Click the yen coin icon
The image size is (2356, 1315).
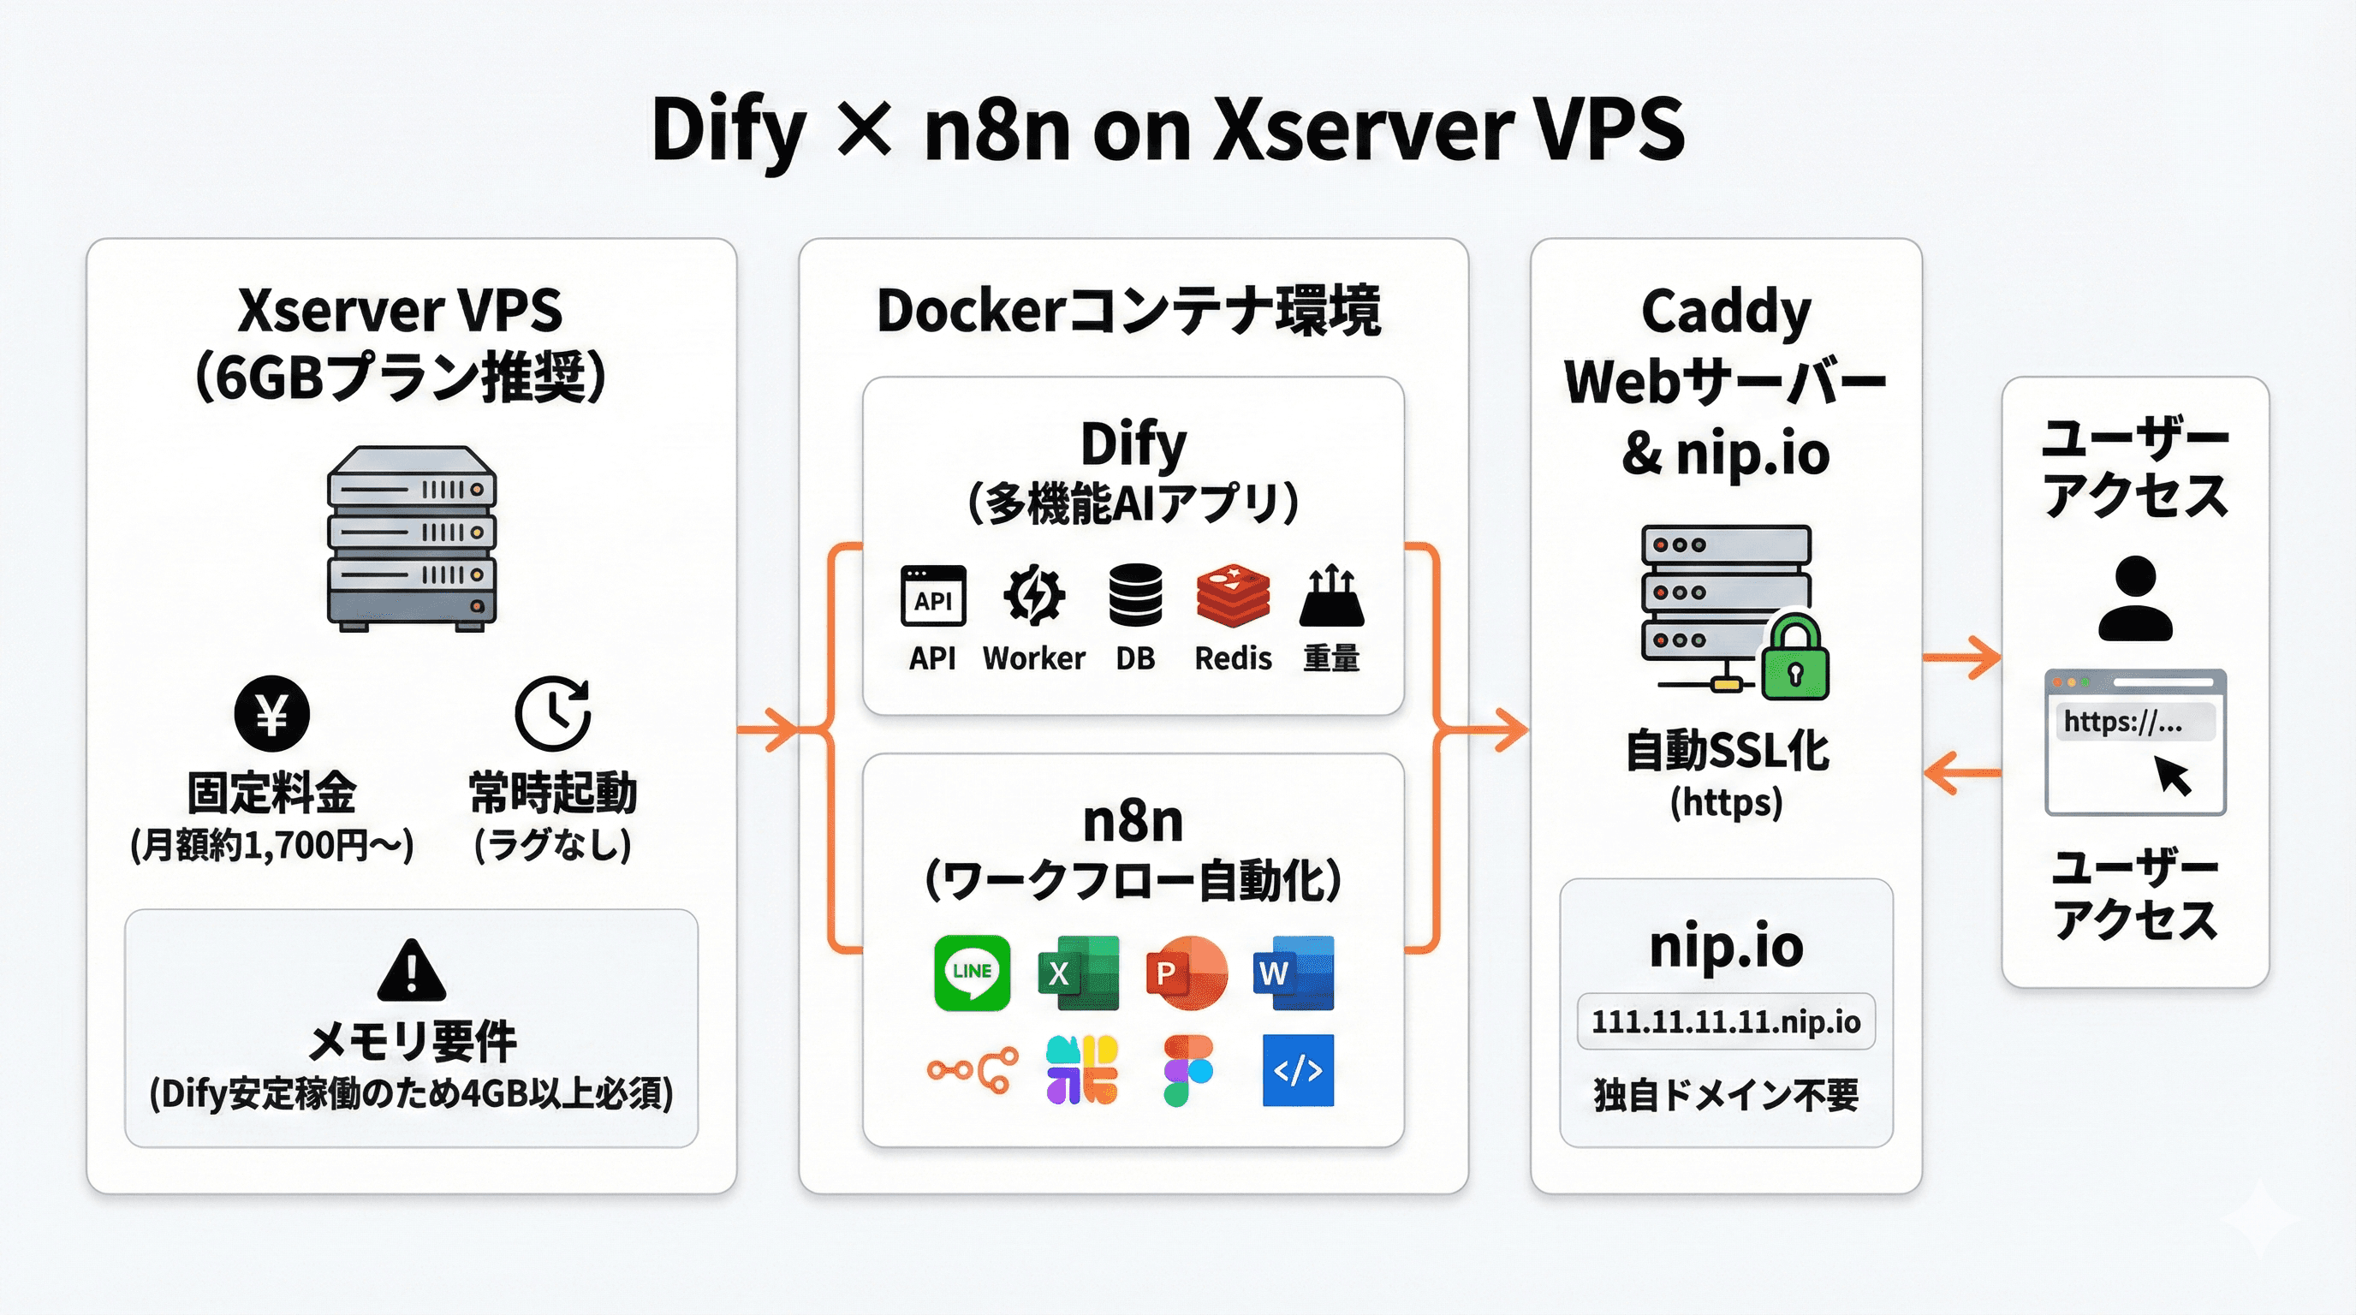pyautogui.click(x=271, y=713)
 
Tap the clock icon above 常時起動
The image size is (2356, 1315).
pyautogui.click(x=552, y=713)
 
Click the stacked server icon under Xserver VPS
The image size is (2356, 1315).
pyautogui.click(x=412, y=538)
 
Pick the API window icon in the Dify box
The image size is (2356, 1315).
pyautogui.click(x=933, y=595)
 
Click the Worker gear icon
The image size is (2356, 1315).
pyautogui.click(x=1033, y=595)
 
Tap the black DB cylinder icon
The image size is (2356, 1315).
pyautogui.click(x=1135, y=595)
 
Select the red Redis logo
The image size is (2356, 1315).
pyautogui.click(x=1233, y=593)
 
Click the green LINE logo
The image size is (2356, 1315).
pyautogui.click(x=972, y=972)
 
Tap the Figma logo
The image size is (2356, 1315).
pyautogui.click(x=1187, y=1071)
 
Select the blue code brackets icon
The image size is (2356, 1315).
pyautogui.click(x=1298, y=1071)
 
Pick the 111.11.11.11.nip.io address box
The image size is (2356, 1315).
pyautogui.click(x=1726, y=1021)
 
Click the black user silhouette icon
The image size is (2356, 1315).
pyautogui.click(x=2134, y=599)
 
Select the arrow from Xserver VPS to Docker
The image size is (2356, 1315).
pyautogui.click(x=768, y=729)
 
